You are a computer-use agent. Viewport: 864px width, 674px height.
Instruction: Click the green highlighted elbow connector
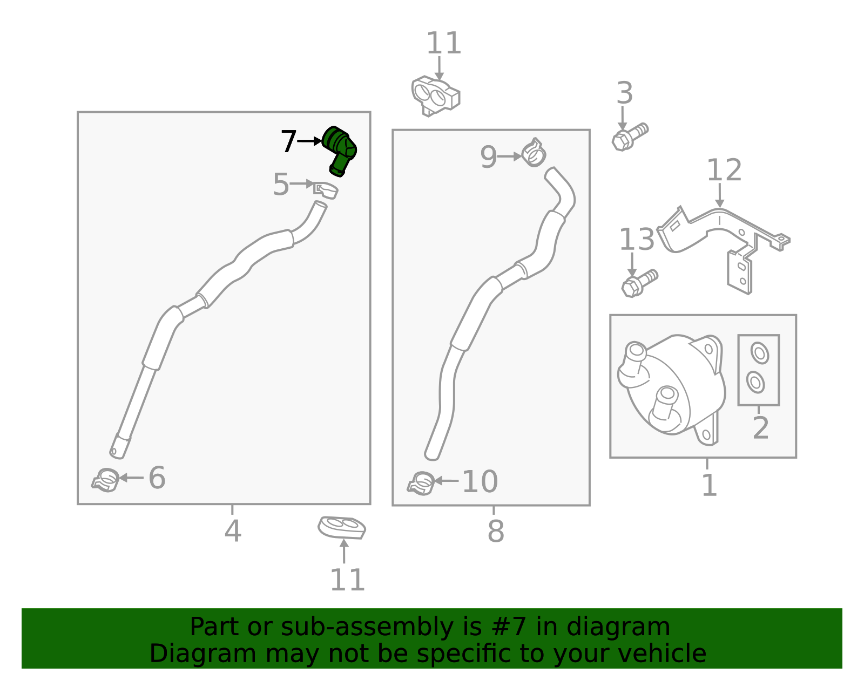(340, 148)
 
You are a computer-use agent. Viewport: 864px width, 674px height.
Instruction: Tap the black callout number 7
(288, 142)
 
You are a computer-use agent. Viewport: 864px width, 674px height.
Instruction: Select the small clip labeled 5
(325, 190)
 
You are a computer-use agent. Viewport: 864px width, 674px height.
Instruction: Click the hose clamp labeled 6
(106, 480)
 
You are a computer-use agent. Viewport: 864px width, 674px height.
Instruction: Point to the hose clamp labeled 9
(534, 153)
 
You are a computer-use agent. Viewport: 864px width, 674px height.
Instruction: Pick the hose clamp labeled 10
(421, 483)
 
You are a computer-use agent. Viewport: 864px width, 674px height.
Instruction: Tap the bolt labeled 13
(639, 283)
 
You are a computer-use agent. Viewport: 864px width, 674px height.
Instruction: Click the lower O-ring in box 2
(755, 382)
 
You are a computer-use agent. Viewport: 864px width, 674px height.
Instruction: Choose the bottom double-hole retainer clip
(342, 527)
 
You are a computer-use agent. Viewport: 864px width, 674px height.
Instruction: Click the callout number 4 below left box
(232, 531)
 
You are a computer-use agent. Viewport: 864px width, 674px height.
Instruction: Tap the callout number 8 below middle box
(495, 531)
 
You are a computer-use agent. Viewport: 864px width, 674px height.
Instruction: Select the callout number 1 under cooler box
(708, 485)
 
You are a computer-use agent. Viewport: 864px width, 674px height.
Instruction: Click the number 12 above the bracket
(724, 171)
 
